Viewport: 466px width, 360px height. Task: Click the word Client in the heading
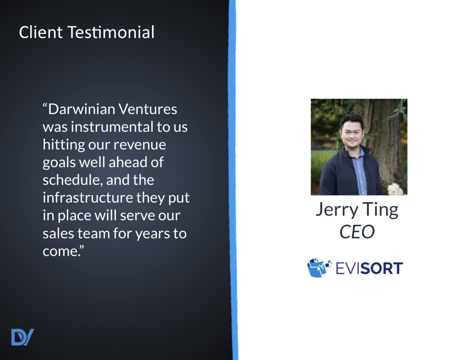[41, 32]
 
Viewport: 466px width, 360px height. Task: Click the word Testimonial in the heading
[111, 32]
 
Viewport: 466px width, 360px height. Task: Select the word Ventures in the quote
[148, 109]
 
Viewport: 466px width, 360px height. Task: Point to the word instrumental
[112, 127]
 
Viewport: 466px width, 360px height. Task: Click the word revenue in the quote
[140, 145]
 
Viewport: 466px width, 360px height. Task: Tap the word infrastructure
[88, 197]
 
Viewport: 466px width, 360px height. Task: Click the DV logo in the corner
[22, 337]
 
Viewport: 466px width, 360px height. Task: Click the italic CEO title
[357, 232]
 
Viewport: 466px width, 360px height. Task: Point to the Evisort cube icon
[319, 268]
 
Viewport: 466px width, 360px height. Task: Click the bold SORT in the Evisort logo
[382, 268]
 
